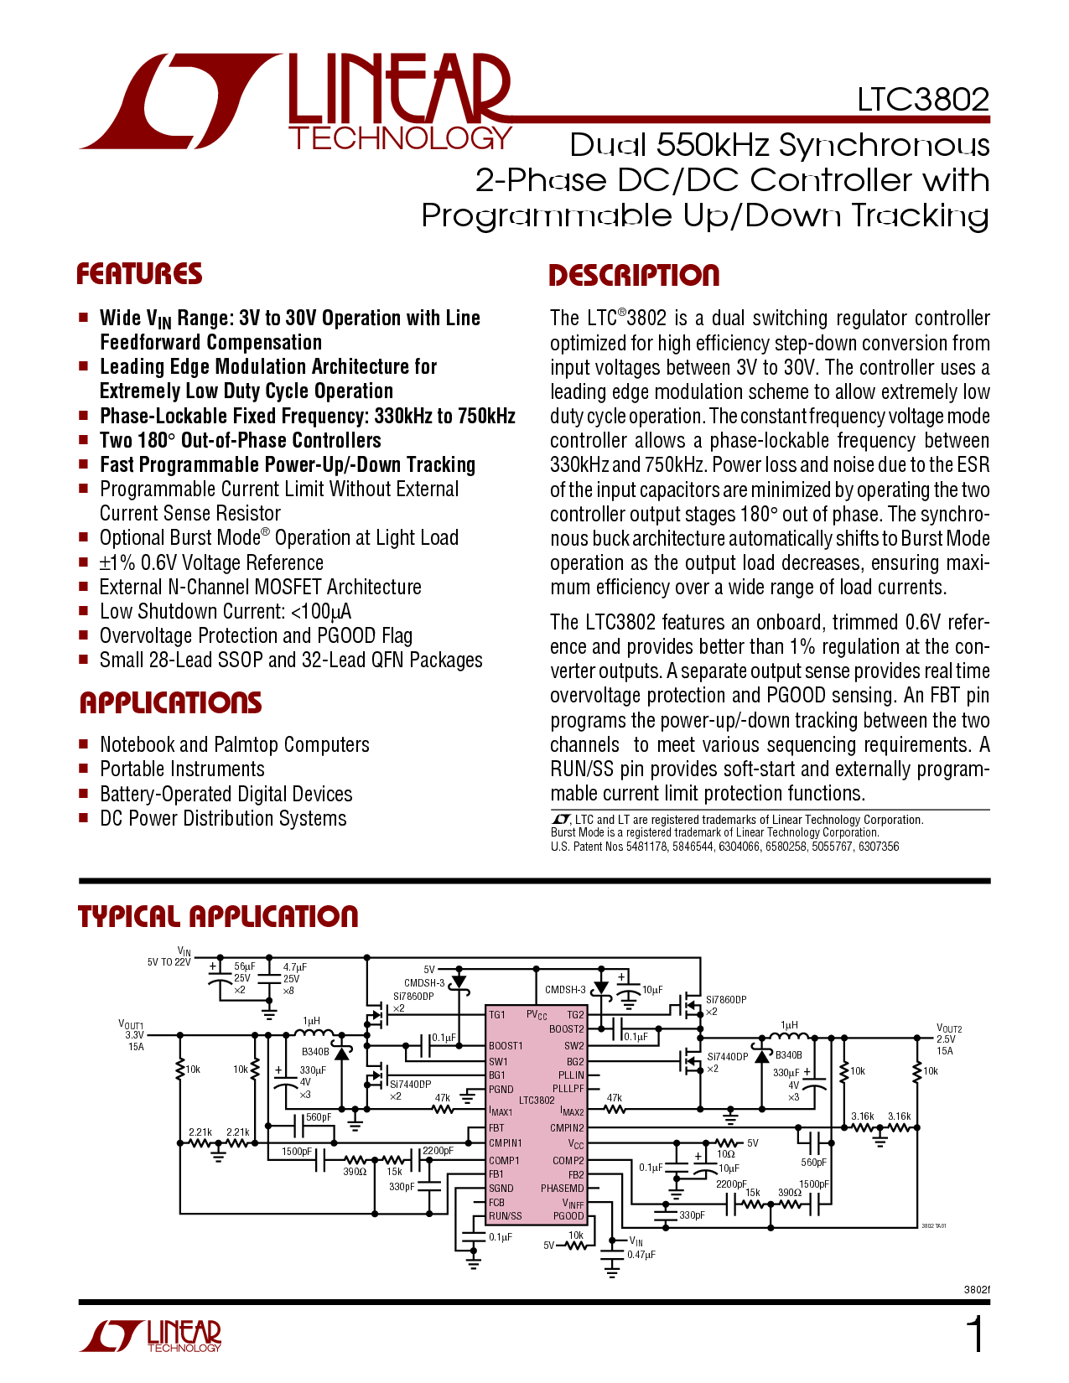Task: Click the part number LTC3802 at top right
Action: pos(922,100)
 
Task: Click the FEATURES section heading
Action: pos(139,274)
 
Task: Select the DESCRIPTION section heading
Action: pos(634,276)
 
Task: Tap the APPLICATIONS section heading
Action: pos(171,702)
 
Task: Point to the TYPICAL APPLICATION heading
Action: pos(218,916)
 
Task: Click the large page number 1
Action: pos(975,1334)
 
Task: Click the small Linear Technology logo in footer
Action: pos(150,1336)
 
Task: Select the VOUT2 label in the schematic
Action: pos(948,1028)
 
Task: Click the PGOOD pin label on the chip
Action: pos(568,1215)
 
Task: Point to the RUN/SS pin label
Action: pos(505,1215)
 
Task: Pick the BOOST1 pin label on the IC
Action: pos(506,1046)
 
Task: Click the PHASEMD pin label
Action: pos(563,1188)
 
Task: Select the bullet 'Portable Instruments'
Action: pos(182,769)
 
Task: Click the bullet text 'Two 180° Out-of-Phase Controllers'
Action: pos(240,440)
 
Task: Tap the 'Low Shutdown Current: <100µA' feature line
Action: pos(226,612)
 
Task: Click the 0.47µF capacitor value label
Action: pos(641,1255)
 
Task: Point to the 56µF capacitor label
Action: pos(245,966)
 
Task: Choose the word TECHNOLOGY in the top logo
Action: pos(401,138)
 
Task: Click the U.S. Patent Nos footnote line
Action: pos(724,847)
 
